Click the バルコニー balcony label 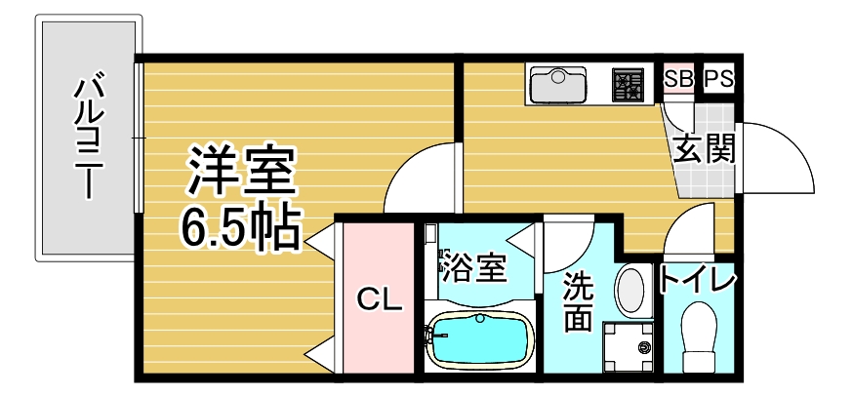click(89, 139)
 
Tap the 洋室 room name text click(241, 171)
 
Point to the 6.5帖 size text click(240, 227)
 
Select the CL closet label click(380, 298)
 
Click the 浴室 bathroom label click(474, 266)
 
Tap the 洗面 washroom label click(576, 302)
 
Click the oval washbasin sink click(632, 291)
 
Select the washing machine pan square click(628, 347)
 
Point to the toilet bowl click(700, 336)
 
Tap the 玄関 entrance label click(704, 148)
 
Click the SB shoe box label click(678, 79)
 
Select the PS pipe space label click(719, 79)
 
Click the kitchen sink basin click(557, 84)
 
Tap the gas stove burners click(629, 84)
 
